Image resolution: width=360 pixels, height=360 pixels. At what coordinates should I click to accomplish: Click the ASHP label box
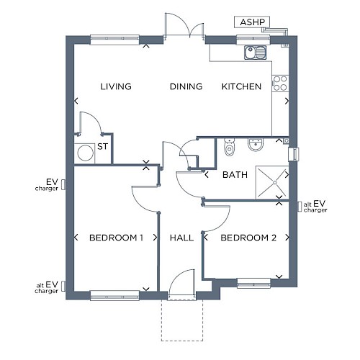coord(252,22)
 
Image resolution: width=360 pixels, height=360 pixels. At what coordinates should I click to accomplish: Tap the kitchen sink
coord(256,53)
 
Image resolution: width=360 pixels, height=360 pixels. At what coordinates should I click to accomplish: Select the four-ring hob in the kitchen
coord(280,83)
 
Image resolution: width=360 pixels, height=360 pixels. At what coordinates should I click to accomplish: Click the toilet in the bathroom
coord(229,147)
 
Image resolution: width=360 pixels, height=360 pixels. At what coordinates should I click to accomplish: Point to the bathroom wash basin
coord(256,145)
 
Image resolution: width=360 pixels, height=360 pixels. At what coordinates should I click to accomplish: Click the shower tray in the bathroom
coord(272,182)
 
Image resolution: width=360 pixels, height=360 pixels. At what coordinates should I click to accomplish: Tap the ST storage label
coord(102,146)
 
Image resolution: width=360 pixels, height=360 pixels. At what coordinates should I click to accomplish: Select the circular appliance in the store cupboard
coord(86,153)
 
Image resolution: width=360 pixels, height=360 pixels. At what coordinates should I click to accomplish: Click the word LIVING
coord(116,86)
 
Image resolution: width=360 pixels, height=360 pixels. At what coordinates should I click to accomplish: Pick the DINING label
coord(186,86)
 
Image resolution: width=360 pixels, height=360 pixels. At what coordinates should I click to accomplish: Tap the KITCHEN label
coord(241,86)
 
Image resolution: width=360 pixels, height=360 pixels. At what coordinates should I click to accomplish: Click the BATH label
coord(235,175)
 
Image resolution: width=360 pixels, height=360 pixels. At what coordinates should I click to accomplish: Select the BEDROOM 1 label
coord(116,238)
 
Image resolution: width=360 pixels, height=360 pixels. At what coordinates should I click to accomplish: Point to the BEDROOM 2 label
coord(248,238)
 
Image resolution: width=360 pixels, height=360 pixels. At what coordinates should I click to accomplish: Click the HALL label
coord(181,238)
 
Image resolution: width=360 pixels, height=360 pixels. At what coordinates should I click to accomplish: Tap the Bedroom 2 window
coord(253,283)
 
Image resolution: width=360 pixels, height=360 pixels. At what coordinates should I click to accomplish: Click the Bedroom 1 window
coord(114,295)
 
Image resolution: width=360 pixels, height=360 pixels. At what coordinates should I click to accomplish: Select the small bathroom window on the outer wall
coord(294,153)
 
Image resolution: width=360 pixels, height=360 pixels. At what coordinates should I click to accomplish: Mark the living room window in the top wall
coord(114,40)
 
